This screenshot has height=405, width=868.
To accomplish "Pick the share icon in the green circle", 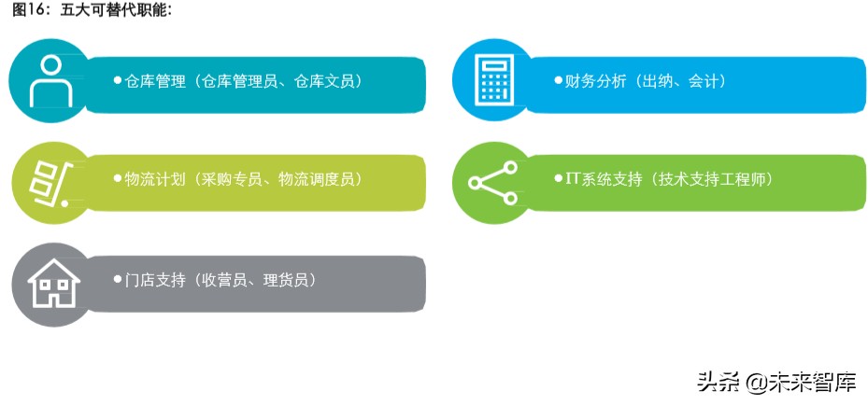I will tap(491, 183).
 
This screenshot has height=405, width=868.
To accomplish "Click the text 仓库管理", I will tap(155, 81).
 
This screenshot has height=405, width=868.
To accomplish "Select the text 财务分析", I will tap(594, 81).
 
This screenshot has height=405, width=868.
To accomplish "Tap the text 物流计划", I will tap(155, 179).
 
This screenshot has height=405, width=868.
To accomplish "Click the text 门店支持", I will tap(155, 279).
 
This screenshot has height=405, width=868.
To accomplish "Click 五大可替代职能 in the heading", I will tap(116, 10).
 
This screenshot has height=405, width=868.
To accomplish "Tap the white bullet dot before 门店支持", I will tap(118, 279).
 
